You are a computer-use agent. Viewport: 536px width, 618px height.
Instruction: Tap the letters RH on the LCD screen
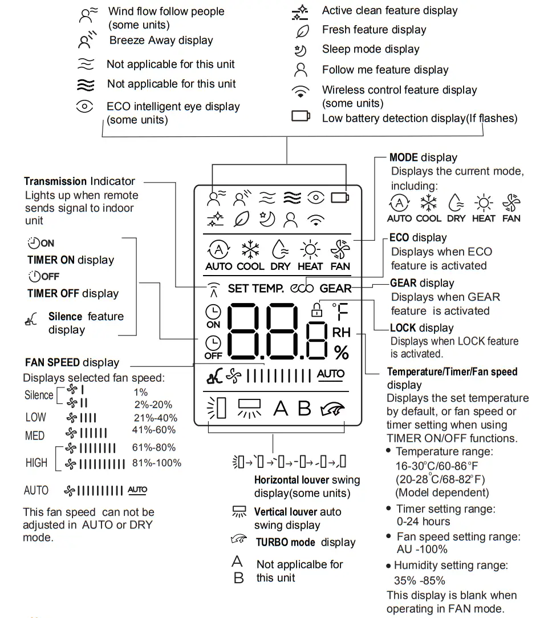coord(341,332)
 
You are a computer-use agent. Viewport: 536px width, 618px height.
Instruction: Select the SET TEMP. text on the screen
coord(255,288)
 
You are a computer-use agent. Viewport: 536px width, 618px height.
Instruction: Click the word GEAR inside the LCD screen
coord(335,288)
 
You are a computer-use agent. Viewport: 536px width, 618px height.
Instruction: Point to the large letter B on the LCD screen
coord(304,409)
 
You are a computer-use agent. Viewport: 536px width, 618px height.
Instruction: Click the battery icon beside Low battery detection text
coord(301,116)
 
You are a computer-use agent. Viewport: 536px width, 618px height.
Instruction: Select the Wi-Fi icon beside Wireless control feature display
coord(301,91)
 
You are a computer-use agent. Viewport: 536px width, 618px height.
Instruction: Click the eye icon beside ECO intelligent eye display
coord(84,107)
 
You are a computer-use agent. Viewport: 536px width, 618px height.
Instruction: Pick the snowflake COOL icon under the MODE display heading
coord(428,203)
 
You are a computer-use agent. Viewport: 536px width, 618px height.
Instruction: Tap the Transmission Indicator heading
coord(79,181)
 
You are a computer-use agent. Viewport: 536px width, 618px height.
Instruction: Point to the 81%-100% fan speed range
coord(157,463)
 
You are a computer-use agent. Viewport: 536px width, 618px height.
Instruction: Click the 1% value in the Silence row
coord(140,392)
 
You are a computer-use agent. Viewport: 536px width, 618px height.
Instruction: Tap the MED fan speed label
coord(35,436)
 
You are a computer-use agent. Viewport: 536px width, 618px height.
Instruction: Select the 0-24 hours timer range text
coord(423,522)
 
